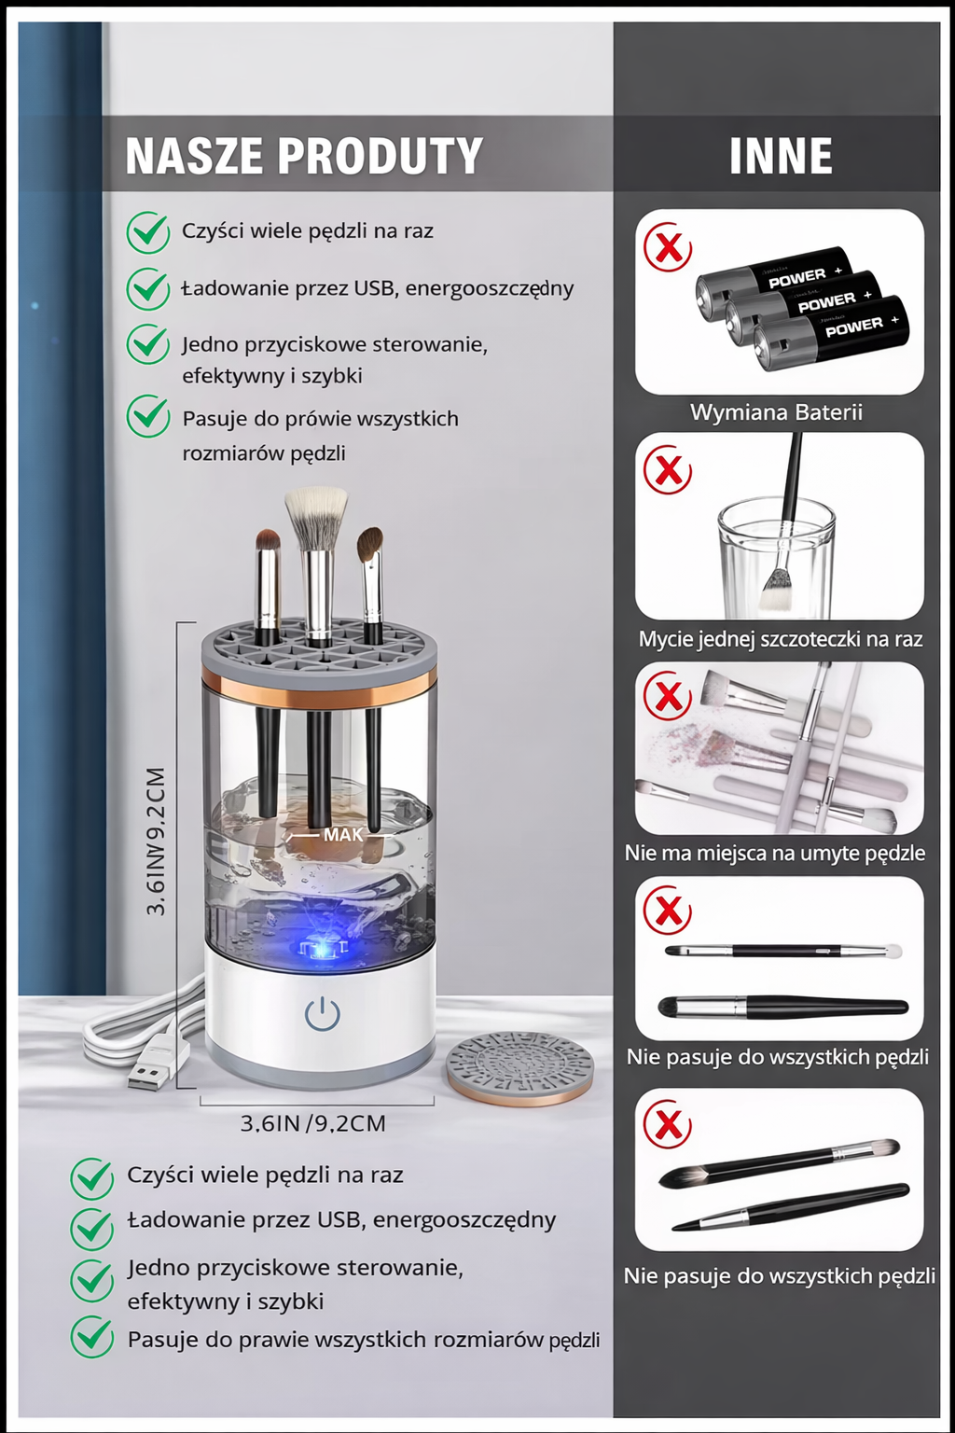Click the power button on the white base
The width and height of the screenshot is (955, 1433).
322,1014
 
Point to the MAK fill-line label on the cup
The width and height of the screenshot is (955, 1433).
343,835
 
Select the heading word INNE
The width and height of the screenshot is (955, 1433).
781,156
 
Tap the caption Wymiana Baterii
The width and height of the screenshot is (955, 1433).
776,412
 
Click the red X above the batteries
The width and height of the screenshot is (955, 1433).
667,247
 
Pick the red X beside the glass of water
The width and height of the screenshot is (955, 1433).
667,471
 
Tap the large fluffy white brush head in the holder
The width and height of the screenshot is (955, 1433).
316,515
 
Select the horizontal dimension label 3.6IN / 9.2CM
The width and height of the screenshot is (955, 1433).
312,1124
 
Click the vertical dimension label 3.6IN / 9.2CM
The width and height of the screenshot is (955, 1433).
156,842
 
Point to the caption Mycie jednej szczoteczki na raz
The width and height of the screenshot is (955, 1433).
781,638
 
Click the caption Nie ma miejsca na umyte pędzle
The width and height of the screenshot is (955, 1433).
775,853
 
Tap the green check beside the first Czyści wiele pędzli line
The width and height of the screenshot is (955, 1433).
147,232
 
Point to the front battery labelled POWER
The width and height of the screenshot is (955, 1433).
831,333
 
